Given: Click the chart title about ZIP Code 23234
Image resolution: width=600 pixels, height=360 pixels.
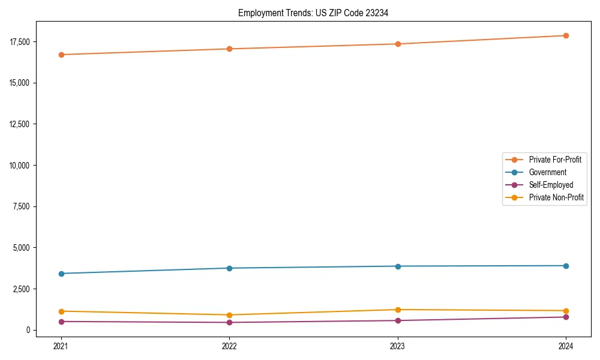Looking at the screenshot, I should (313, 13).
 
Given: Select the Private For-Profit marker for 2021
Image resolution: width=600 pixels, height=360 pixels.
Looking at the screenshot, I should (61, 55).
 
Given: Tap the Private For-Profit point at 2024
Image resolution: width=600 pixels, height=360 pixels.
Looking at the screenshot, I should (566, 35).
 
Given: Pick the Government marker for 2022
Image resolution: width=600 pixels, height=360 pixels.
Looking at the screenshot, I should (229, 268).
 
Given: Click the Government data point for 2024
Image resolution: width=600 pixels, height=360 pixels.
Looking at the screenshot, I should (566, 266).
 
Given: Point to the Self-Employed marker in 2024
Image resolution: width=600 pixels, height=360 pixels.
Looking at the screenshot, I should (566, 317).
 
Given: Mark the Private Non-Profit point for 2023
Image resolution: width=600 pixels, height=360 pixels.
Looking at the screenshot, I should (398, 310).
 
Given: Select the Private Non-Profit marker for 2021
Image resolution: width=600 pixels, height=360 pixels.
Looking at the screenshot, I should (61, 311).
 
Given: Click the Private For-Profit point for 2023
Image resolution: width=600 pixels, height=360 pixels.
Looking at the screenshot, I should (398, 44).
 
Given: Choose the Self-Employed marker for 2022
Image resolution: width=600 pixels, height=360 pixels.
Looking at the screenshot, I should (229, 322).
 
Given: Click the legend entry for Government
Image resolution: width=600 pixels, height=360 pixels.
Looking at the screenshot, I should (547, 172).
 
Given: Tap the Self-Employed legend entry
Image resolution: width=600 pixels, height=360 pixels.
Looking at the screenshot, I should (551, 185).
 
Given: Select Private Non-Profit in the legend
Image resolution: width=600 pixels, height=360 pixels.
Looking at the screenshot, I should (556, 197).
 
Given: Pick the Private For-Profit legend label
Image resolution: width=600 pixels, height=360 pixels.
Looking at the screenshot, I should (555, 160).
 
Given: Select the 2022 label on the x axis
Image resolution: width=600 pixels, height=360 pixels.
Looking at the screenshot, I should (229, 346).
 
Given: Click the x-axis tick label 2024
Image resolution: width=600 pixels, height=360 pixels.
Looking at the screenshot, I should (566, 346).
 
